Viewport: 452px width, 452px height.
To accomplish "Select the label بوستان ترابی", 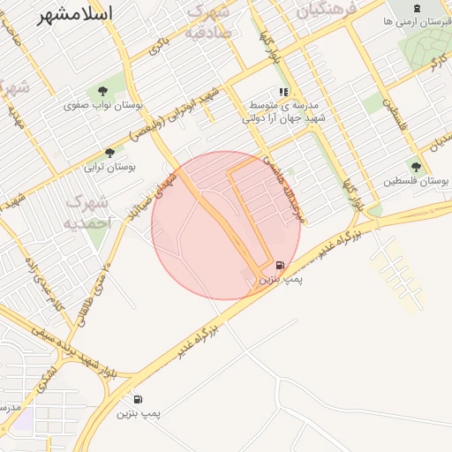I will coord(108,165).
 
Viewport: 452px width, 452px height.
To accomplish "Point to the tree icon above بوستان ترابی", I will coord(109,152).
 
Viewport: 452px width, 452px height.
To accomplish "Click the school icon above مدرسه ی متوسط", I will coord(283,92).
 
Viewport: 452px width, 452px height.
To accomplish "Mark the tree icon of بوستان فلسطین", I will coord(415,166).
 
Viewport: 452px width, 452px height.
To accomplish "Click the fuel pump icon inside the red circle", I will coord(280,265).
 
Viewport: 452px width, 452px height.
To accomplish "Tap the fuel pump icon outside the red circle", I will coord(139,399).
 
